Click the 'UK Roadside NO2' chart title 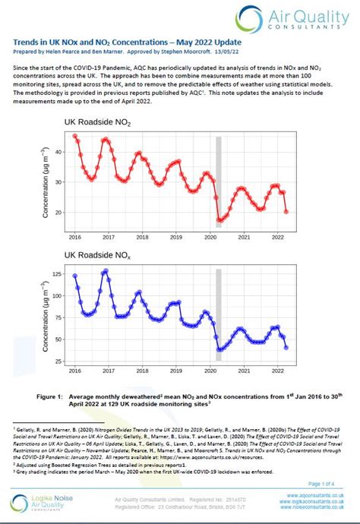click(x=102, y=122)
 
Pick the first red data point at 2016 click(x=75, y=136)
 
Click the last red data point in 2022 click(x=286, y=212)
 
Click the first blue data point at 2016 click(x=75, y=276)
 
